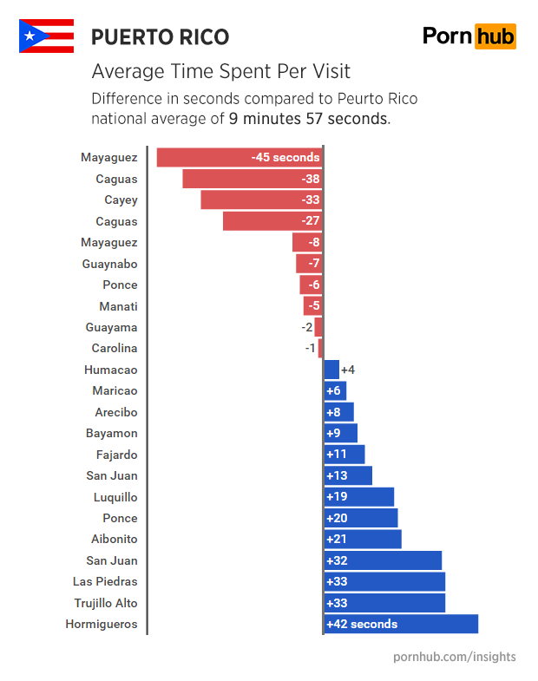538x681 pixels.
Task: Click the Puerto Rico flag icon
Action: [x=46, y=36]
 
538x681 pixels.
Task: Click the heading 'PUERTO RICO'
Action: [x=161, y=37]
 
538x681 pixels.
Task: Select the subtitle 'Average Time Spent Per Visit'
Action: [x=220, y=71]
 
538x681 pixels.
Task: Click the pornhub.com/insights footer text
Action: [x=454, y=657]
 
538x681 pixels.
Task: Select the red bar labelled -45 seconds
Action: [x=239, y=158]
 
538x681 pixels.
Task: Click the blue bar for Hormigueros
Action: [x=400, y=624]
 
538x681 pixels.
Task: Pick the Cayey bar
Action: [x=260, y=200]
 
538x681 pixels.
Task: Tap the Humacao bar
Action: [x=331, y=370]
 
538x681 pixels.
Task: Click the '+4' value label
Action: [x=348, y=370]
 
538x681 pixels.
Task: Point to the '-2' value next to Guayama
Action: [x=306, y=327]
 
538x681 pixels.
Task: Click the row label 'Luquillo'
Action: [x=115, y=497]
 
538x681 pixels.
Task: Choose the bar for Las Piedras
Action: [x=384, y=581]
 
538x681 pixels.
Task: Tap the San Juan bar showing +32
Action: [x=382, y=560]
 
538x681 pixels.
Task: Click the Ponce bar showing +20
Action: [x=360, y=518]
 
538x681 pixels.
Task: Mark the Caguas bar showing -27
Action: [x=272, y=221]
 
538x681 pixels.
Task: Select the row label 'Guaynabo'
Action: [x=109, y=264]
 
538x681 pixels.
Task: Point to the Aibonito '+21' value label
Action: [x=336, y=540]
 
